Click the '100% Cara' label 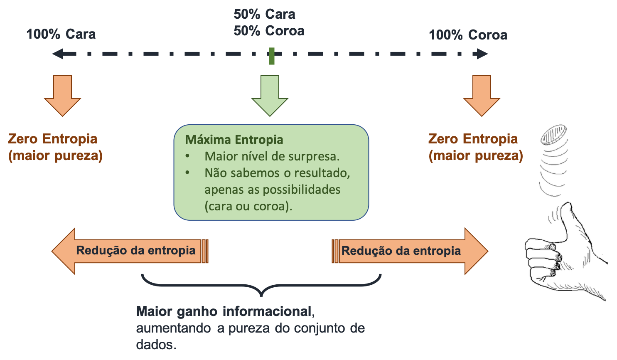point(61,34)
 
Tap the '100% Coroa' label point(468,35)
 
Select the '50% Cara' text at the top point(264,14)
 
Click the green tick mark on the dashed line point(272,56)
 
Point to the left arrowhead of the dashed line point(58,54)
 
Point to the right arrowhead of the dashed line point(482,54)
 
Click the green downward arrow point(270,95)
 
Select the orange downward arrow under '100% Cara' point(62,95)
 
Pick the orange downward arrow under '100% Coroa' point(482,95)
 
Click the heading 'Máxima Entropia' point(234,140)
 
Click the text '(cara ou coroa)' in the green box point(248,206)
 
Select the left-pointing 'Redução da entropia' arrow point(130,251)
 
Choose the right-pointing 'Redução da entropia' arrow point(410,251)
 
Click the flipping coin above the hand point(553,135)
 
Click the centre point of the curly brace point(261,295)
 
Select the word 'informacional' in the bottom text point(267,311)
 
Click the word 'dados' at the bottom point(156,345)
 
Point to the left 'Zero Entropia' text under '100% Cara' point(53,139)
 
